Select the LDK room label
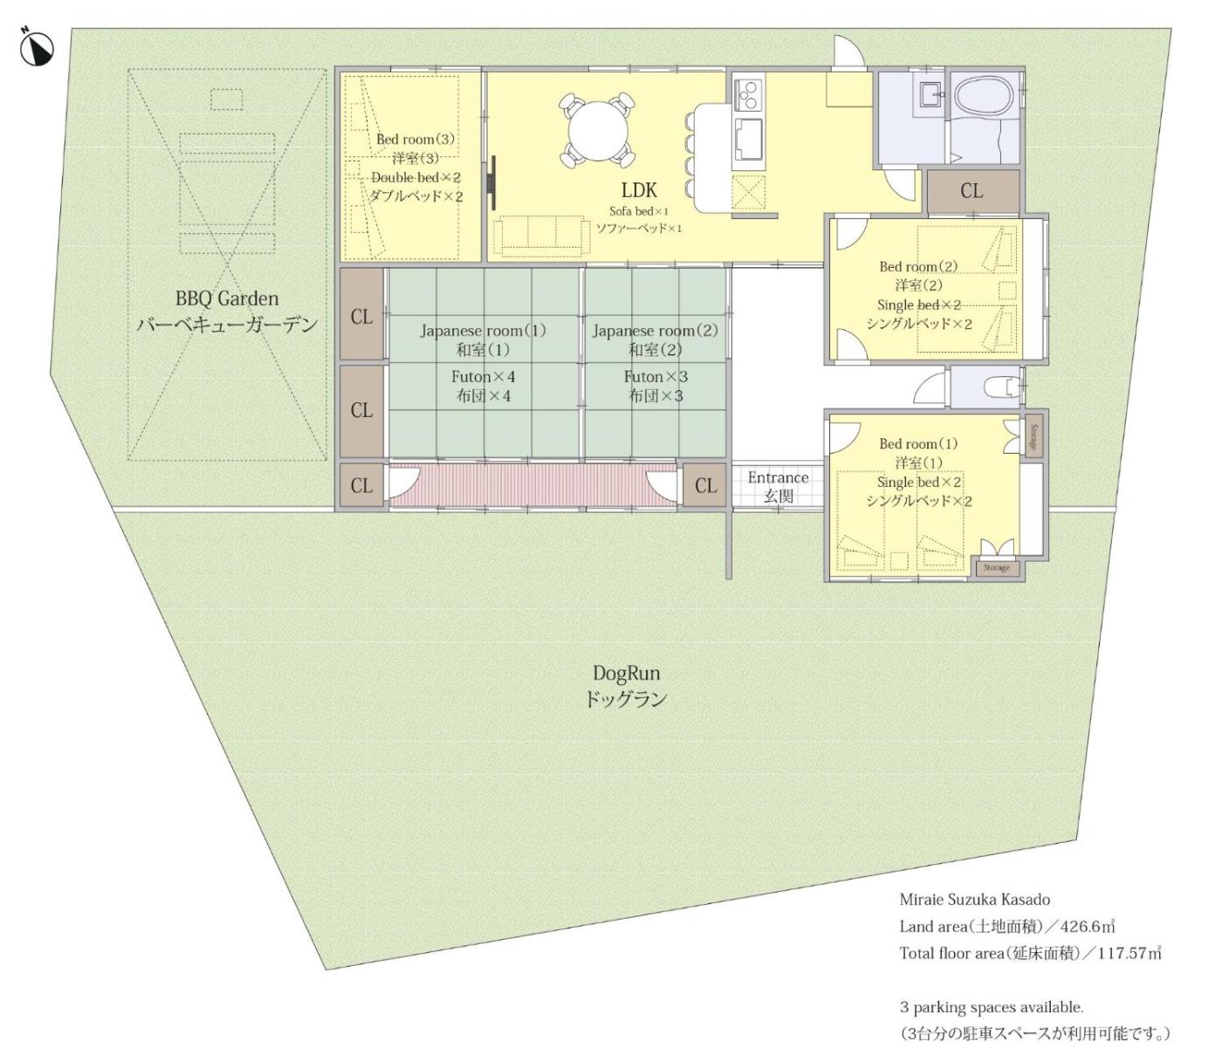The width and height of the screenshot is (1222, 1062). pos(639,190)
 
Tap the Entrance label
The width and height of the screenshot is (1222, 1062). pos(778,477)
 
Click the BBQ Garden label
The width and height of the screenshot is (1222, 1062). pos(227,298)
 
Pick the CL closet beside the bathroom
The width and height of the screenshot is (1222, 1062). pos(973,191)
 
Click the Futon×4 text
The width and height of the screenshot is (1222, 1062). pos(483,377)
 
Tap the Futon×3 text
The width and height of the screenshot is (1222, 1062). pos(656,377)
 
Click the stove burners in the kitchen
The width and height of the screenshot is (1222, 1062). pos(748,93)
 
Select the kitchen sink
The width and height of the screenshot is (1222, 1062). pos(748,139)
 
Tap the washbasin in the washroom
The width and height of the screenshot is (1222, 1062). pos(930,94)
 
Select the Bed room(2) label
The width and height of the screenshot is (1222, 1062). pos(918,266)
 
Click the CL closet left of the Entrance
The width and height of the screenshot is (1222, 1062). pos(705,486)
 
